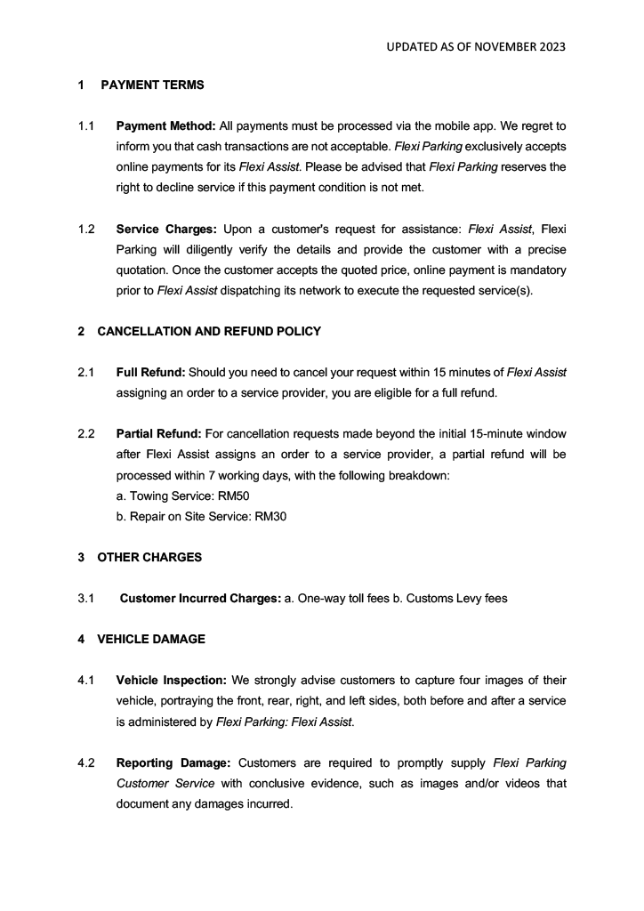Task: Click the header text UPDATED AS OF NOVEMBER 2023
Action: pos(476,46)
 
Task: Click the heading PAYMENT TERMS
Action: pos(152,85)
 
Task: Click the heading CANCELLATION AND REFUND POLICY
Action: pos(209,331)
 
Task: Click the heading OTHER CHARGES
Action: pos(149,558)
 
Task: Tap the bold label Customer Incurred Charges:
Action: pos(200,599)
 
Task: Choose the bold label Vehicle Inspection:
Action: pos(165,681)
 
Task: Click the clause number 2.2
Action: pos(86,434)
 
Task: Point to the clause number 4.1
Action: pos(86,681)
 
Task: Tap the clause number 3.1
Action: pos(86,599)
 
